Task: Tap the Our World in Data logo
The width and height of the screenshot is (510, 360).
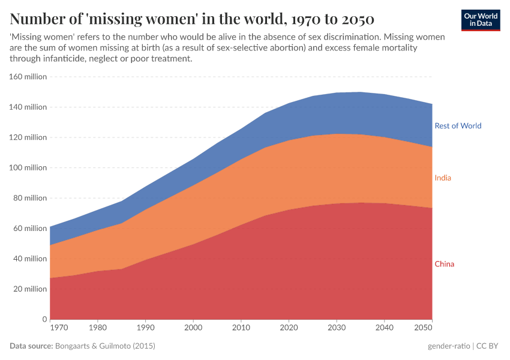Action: pyautogui.click(x=481, y=20)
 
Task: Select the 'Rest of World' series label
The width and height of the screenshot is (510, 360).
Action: pyautogui.click(x=458, y=126)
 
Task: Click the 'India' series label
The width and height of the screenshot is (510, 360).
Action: pyautogui.click(x=443, y=178)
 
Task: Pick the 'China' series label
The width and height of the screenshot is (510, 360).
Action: pyautogui.click(x=444, y=264)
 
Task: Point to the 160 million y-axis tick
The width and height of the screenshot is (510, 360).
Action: pyautogui.click(x=28, y=77)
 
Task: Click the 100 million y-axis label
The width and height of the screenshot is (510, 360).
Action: pyautogui.click(x=28, y=168)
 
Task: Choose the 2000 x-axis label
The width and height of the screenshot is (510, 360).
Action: pyautogui.click(x=193, y=328)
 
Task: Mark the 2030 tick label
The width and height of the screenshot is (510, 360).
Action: pyautogui.click(x=337, y=328)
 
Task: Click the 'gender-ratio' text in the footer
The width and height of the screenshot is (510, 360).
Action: pyautogui.click(x=448, y=346)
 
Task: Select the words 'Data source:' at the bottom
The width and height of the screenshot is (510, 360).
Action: pyautogui.click(x=31, y=346)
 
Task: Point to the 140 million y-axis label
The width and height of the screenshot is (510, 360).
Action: pyautogui.click(x=28, y=107)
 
